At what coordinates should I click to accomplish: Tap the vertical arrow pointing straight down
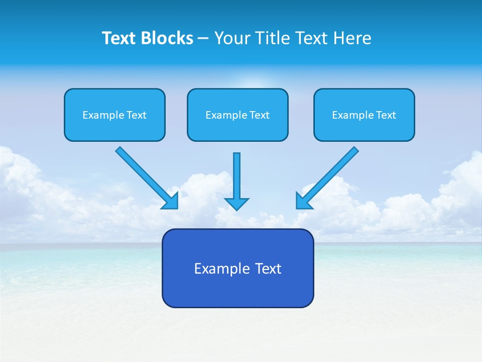[x=236, y=176]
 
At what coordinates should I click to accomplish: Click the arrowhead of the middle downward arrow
[x=236, y=204]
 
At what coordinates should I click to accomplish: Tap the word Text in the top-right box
[x=386, y=115]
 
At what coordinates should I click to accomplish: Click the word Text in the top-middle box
[x=260, y=115]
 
